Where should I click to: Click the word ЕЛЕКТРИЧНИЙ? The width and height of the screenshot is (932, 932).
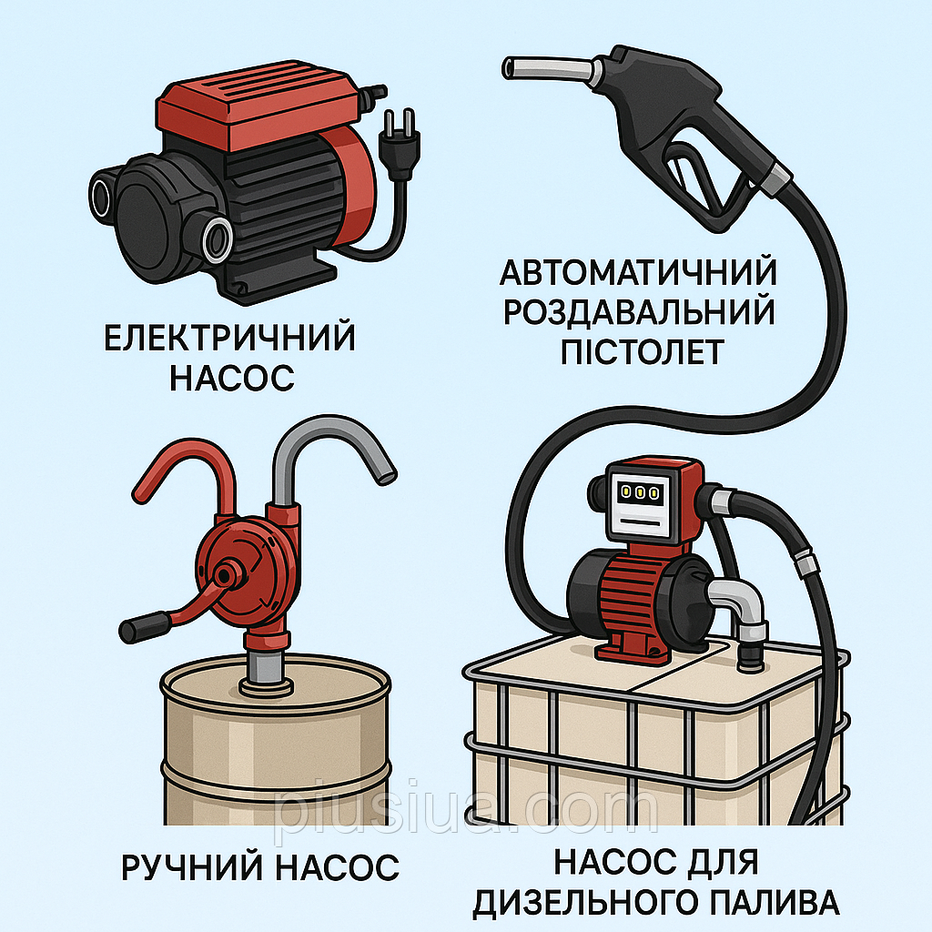(x=229, y=338)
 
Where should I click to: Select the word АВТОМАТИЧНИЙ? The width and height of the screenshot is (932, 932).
(x=638, y=273)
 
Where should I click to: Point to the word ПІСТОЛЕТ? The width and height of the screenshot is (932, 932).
(x=643, y=351)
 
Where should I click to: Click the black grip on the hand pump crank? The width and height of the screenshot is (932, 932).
(x=145, y=627)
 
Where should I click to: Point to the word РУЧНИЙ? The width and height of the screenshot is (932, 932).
(x=192, y=866)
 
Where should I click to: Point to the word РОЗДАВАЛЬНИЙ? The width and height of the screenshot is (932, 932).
(x=639, y=312)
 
